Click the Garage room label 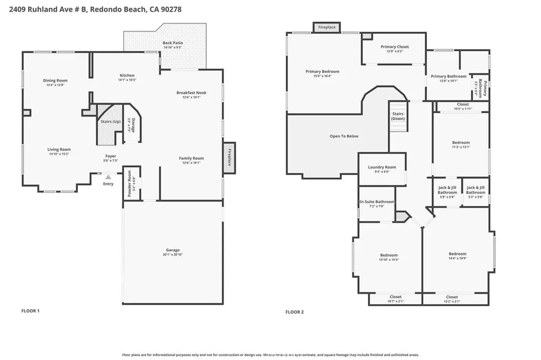coord(172,250)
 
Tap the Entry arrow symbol coord(108,177)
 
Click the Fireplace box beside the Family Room coord(229,157)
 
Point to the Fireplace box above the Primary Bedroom coord(327,26)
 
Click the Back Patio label coord(172,43)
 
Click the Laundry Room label coord(381,167)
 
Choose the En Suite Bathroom coord(377,202)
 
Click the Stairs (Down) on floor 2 coord(398,116)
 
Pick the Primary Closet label coord(395,47)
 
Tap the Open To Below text coord(344,136)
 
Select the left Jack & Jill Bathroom coord(447,190)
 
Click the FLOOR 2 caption coord(295,312)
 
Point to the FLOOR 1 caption coord(30,311)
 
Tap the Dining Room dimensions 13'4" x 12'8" coord(55,85)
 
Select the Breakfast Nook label coord(191,93)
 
